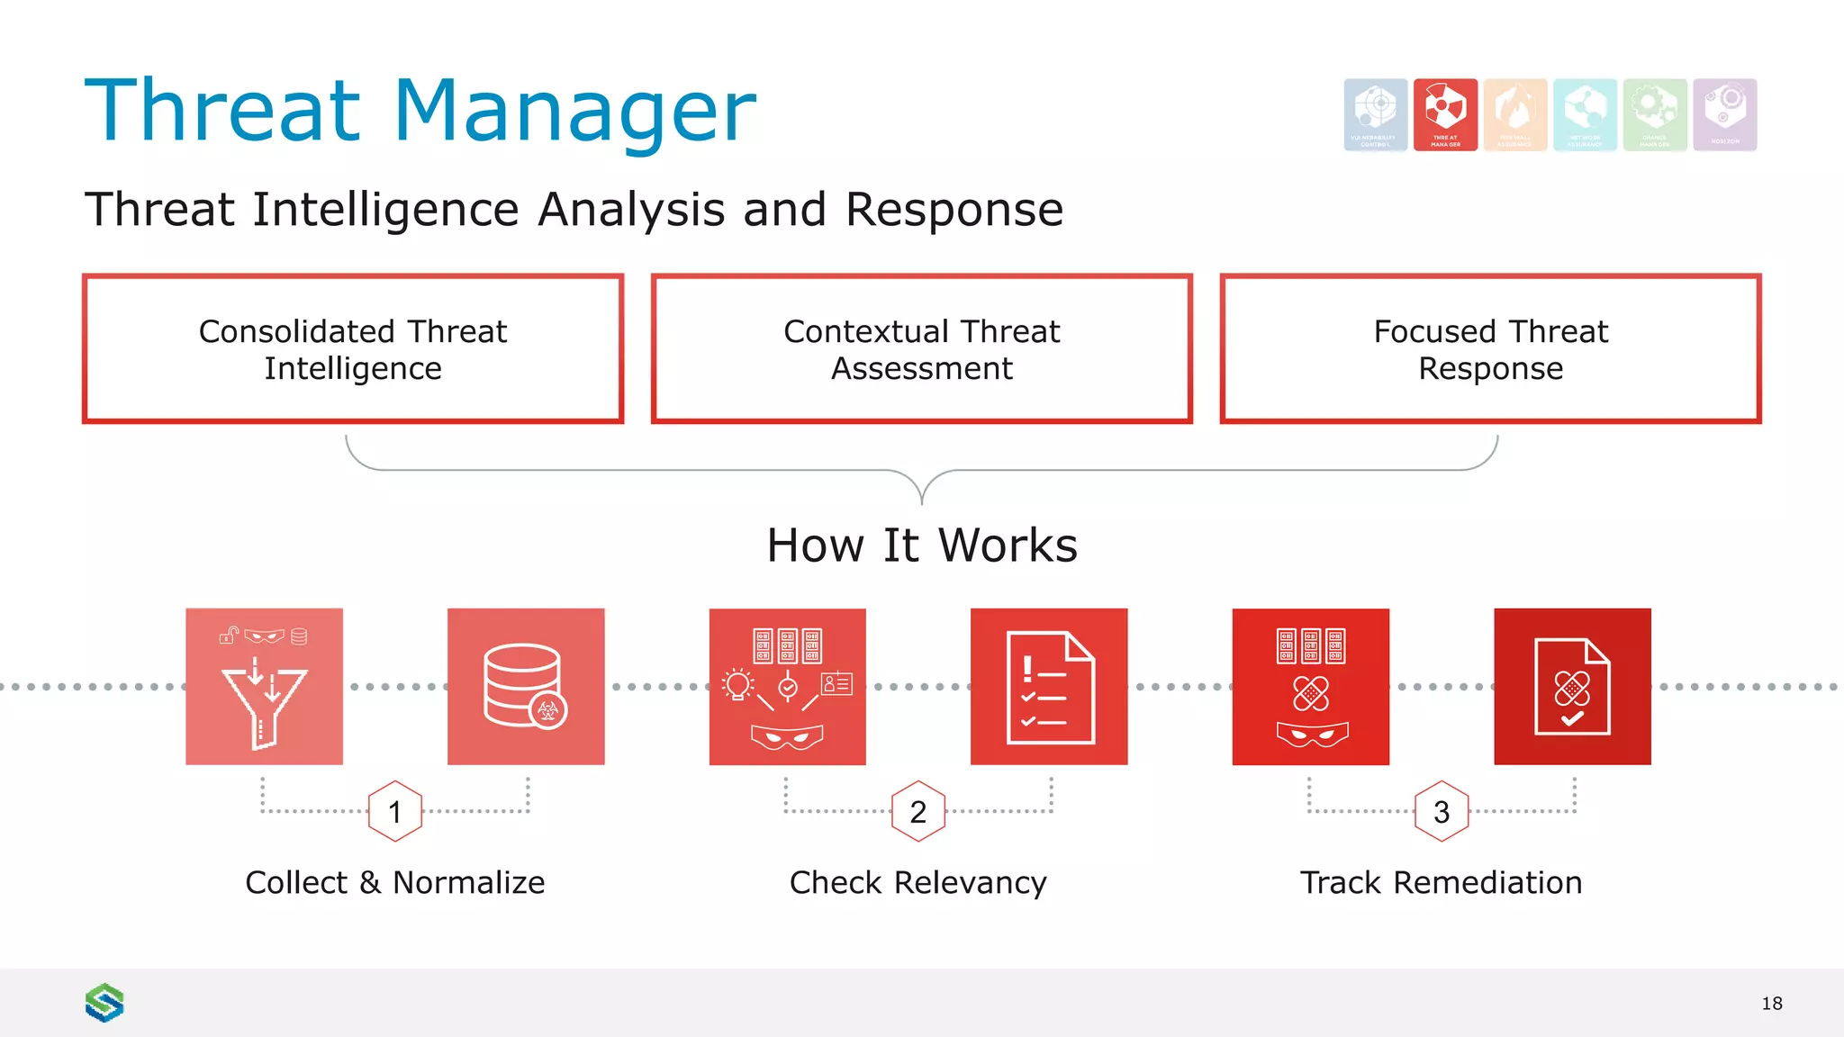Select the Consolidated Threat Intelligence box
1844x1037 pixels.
tap(353, 349)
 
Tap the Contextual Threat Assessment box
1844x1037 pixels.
tap(921, 349)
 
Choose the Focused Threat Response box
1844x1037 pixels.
tap(1490, 349)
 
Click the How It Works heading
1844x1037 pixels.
tap(921, 546)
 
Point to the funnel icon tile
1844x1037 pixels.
tap(264, 687)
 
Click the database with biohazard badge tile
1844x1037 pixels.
tap(526, 687)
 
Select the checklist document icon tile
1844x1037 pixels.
tap(1049, 687)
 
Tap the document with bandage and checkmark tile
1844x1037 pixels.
tap(1572, 687)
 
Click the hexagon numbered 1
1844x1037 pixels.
tap(394, 812)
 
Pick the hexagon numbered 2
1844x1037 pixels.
tap(917, 812)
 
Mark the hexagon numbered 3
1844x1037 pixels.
tap(1441, 812)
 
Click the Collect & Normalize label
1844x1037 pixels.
tap(394, 883)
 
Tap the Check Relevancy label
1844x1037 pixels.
tap(917, 883)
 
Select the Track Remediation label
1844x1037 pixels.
tap(1441, 883)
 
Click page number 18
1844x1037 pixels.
tap(1771, 1004)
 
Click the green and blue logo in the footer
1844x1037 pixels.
tap(104, 1003)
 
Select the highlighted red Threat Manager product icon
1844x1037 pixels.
tap(1445, 114)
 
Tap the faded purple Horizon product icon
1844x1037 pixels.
tap(1724, 114)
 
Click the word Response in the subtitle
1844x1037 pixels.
tap(954, 210)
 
